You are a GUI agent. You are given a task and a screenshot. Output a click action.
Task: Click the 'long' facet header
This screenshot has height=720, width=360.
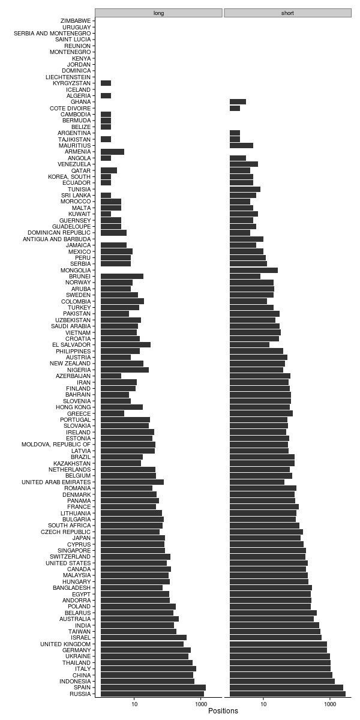click(x=158, y=13)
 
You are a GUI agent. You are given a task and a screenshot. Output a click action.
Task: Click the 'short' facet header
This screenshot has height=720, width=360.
click(x=287, y=13)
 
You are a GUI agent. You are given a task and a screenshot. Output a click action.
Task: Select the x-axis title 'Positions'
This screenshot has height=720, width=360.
click(x=223, y=711)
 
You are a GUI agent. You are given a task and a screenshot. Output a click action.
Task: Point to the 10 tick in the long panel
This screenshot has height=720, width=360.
click(x=134, y=702)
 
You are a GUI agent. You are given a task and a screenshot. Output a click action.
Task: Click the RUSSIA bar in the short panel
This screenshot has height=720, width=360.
click(x=287, y=694)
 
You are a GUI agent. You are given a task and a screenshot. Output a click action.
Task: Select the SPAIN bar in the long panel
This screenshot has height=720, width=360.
click(x=153, y=688)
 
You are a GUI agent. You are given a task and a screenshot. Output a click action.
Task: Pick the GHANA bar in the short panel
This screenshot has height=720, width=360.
click(x=238, y=102)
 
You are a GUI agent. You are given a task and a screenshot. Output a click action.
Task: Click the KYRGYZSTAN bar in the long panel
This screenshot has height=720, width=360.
click(x=106, y=83)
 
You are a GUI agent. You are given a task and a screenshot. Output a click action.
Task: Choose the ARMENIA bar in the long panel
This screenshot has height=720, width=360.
click(x=112, y=152)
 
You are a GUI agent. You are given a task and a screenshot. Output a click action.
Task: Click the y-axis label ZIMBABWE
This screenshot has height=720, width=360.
click(x=76, y=21)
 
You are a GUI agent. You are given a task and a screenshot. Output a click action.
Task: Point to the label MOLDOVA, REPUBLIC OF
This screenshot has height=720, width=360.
click(x=56, y=445)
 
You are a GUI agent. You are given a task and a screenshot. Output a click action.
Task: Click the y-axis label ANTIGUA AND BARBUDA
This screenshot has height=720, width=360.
click(x=57, y=239)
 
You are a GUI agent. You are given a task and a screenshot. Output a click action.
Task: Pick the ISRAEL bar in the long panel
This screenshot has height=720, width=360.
click(x=143, y=638)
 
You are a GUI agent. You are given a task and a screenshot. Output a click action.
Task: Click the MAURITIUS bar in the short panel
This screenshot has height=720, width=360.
click(x=241, y=145)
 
